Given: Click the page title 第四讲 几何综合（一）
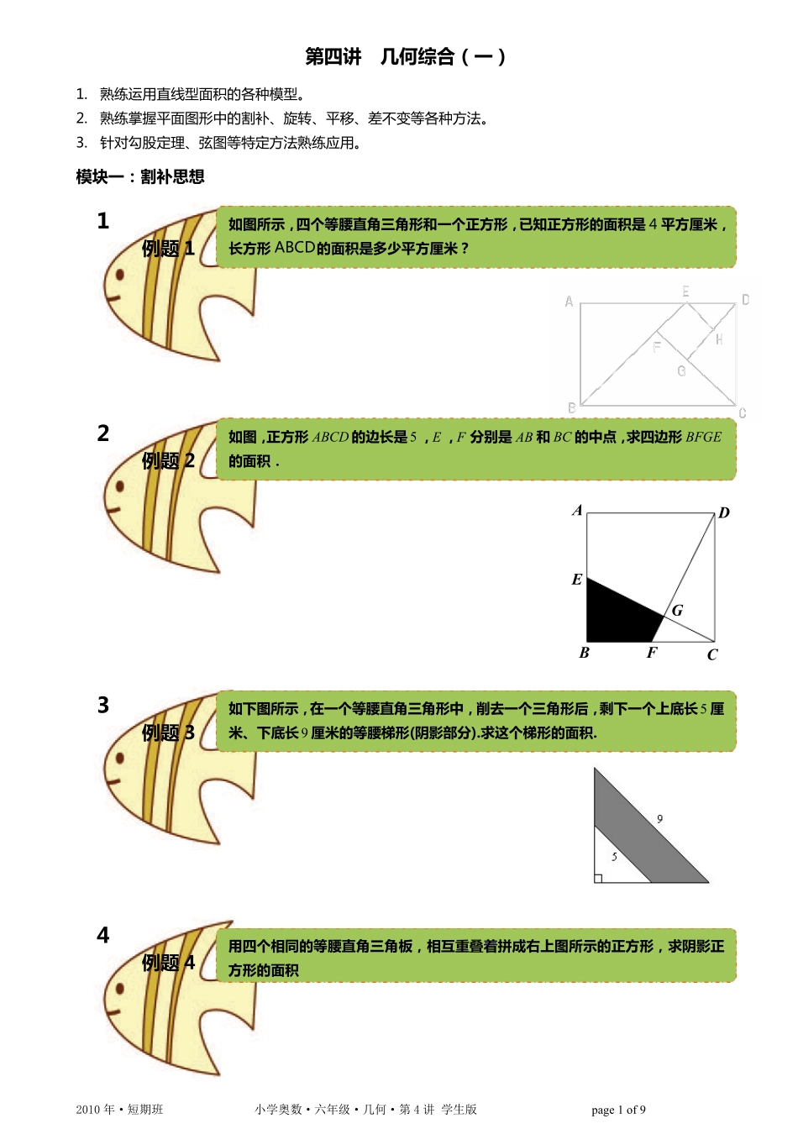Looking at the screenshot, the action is [405, 56].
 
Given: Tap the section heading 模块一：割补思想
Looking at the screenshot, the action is [140, 177].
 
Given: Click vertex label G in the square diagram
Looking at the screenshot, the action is [678, 611].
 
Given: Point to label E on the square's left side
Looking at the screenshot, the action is [577, 580].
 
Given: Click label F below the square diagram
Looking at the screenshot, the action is [652, 653].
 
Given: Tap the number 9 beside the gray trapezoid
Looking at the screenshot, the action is [659, 819].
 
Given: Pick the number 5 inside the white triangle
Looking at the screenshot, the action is [614, 856].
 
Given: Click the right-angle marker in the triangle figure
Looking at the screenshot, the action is [598, 879].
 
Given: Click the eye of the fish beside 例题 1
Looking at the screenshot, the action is [120, 275].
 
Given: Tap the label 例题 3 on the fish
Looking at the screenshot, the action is [168, 733].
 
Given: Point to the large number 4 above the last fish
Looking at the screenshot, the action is [102, 936].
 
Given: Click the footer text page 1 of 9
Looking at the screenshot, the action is [618, 1110].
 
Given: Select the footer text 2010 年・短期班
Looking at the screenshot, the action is [119, 1110].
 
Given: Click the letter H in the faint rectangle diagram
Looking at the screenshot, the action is [719, 339].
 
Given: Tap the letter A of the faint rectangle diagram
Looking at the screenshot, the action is [570, 302].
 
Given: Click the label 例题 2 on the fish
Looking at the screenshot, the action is [168, 460].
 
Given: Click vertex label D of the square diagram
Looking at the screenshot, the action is [724, 512].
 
